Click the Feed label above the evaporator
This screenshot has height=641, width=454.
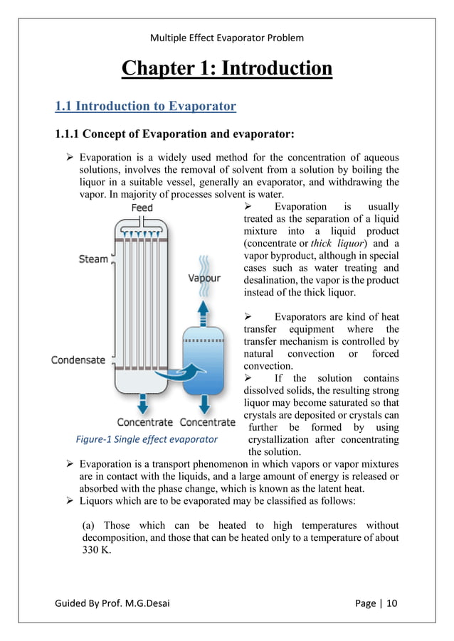click(142, 208)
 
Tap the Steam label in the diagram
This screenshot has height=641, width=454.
click(93, 259)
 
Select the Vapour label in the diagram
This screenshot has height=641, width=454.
click(204, 279)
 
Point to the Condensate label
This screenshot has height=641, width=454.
click(78, 360)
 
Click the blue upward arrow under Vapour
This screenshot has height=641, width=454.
click(204, 307)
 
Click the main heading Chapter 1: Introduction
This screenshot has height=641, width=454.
click(227, 69)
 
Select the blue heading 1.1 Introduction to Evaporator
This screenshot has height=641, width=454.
click(145, 107)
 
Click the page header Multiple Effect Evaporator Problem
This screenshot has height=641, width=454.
click(227, 38)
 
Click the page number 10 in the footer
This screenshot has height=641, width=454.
click(392, 603)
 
